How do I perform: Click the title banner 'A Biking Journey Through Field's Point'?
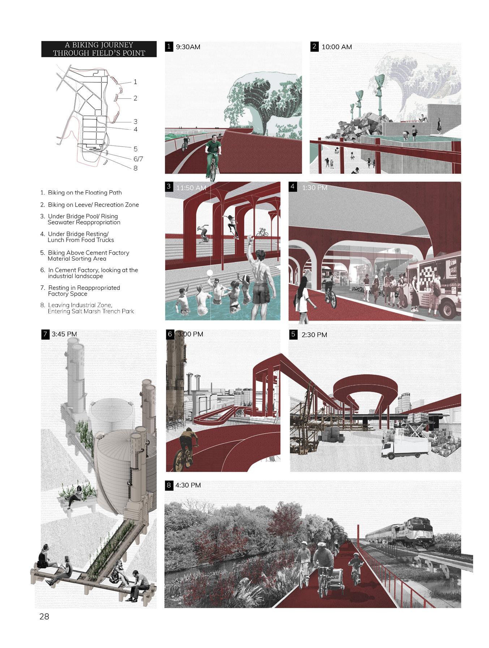[x=99, y=49]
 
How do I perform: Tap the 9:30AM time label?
[x=188, y=47]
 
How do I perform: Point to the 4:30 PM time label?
[x=188, y=485]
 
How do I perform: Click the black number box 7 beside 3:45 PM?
[x=45, y=334]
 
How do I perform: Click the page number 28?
[x=44, y=616]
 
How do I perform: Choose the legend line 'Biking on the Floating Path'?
[x=84, y=193]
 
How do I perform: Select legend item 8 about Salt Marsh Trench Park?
[x=90, y=308]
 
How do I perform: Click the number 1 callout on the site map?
[x=135, y=82]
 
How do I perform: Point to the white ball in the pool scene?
[x=209, y=273]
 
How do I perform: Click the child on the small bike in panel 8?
[x=355, y=565]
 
